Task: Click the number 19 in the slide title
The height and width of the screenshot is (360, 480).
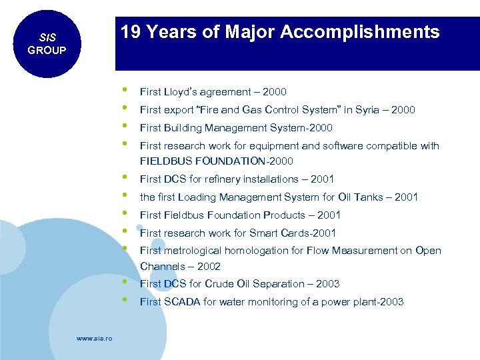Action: click(x=130, y=32)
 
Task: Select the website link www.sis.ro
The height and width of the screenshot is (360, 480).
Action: click(x=95, y=339)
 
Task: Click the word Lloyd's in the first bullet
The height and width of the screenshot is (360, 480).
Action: click(x=177, y=92)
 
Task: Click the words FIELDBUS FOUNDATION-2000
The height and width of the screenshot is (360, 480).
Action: click(x=216, y=161)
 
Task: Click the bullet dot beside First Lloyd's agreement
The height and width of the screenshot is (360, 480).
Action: click(x=125, y=89)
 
